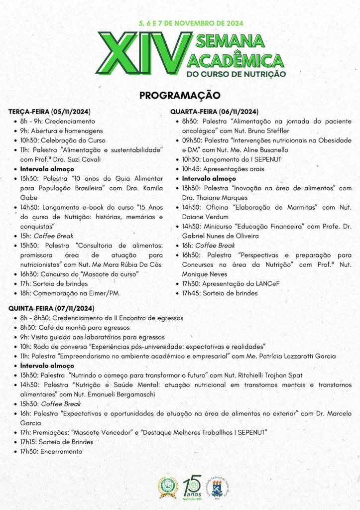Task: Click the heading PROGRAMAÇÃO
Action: (180, 95)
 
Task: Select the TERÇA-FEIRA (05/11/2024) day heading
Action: (49, 112)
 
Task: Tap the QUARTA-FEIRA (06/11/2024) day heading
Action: (214, 112)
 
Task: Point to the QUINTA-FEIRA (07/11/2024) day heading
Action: (51, 308)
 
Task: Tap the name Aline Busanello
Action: (264, 150)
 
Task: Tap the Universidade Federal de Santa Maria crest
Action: (217, 487)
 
